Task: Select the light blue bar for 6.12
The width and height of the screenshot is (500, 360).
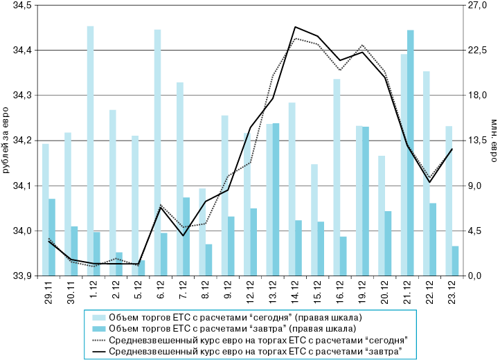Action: (157, 152)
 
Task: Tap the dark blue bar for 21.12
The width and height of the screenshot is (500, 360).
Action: (410, 152)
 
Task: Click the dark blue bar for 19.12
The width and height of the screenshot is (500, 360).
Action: (365, 201)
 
